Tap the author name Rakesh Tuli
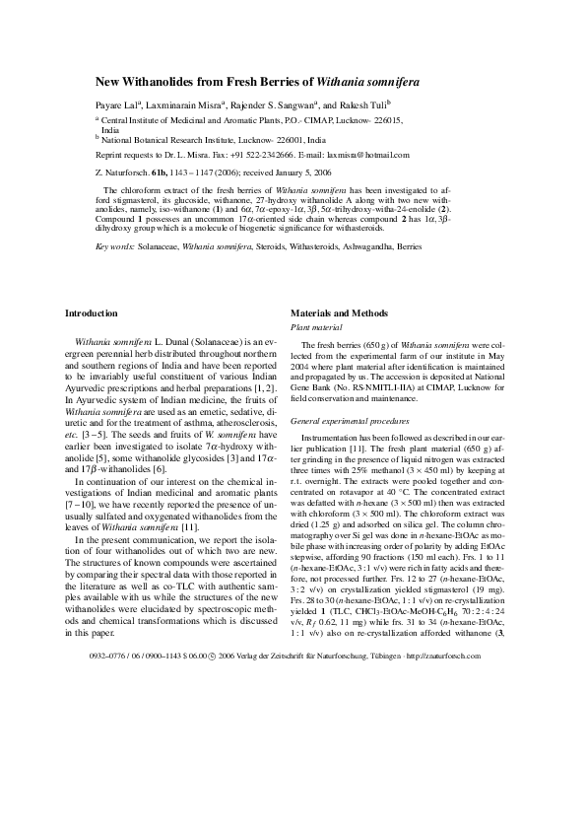(x=360, y=104)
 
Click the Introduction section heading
(x=91, y=312)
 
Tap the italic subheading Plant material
(x=314, y=325)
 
